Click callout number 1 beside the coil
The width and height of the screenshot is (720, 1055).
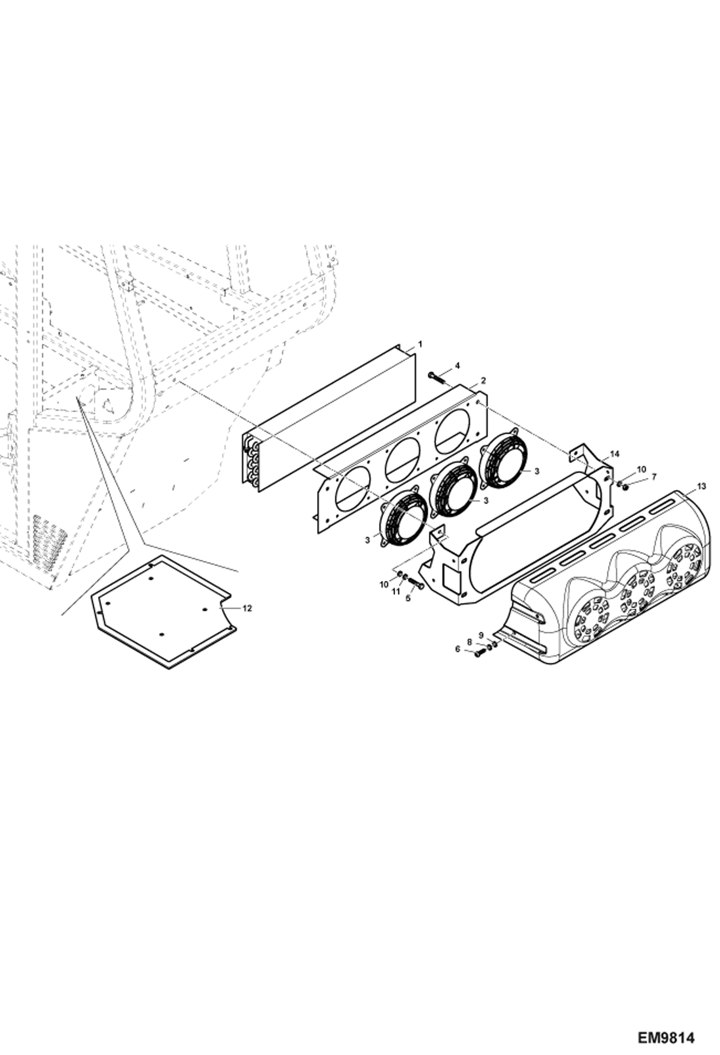click(420, 344)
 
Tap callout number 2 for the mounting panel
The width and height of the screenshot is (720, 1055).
click(483, 380)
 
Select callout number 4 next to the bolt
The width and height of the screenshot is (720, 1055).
click(457, 366)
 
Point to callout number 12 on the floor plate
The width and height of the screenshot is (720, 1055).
click(247, 608)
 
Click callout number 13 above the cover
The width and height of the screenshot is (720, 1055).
click(701, 487)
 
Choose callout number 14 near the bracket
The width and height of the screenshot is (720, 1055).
click(615, 453)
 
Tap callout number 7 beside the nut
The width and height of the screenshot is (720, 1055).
click(653, 477)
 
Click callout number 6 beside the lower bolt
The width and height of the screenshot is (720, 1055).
click(457, 649)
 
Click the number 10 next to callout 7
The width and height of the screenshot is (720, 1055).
click(642, 468)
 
